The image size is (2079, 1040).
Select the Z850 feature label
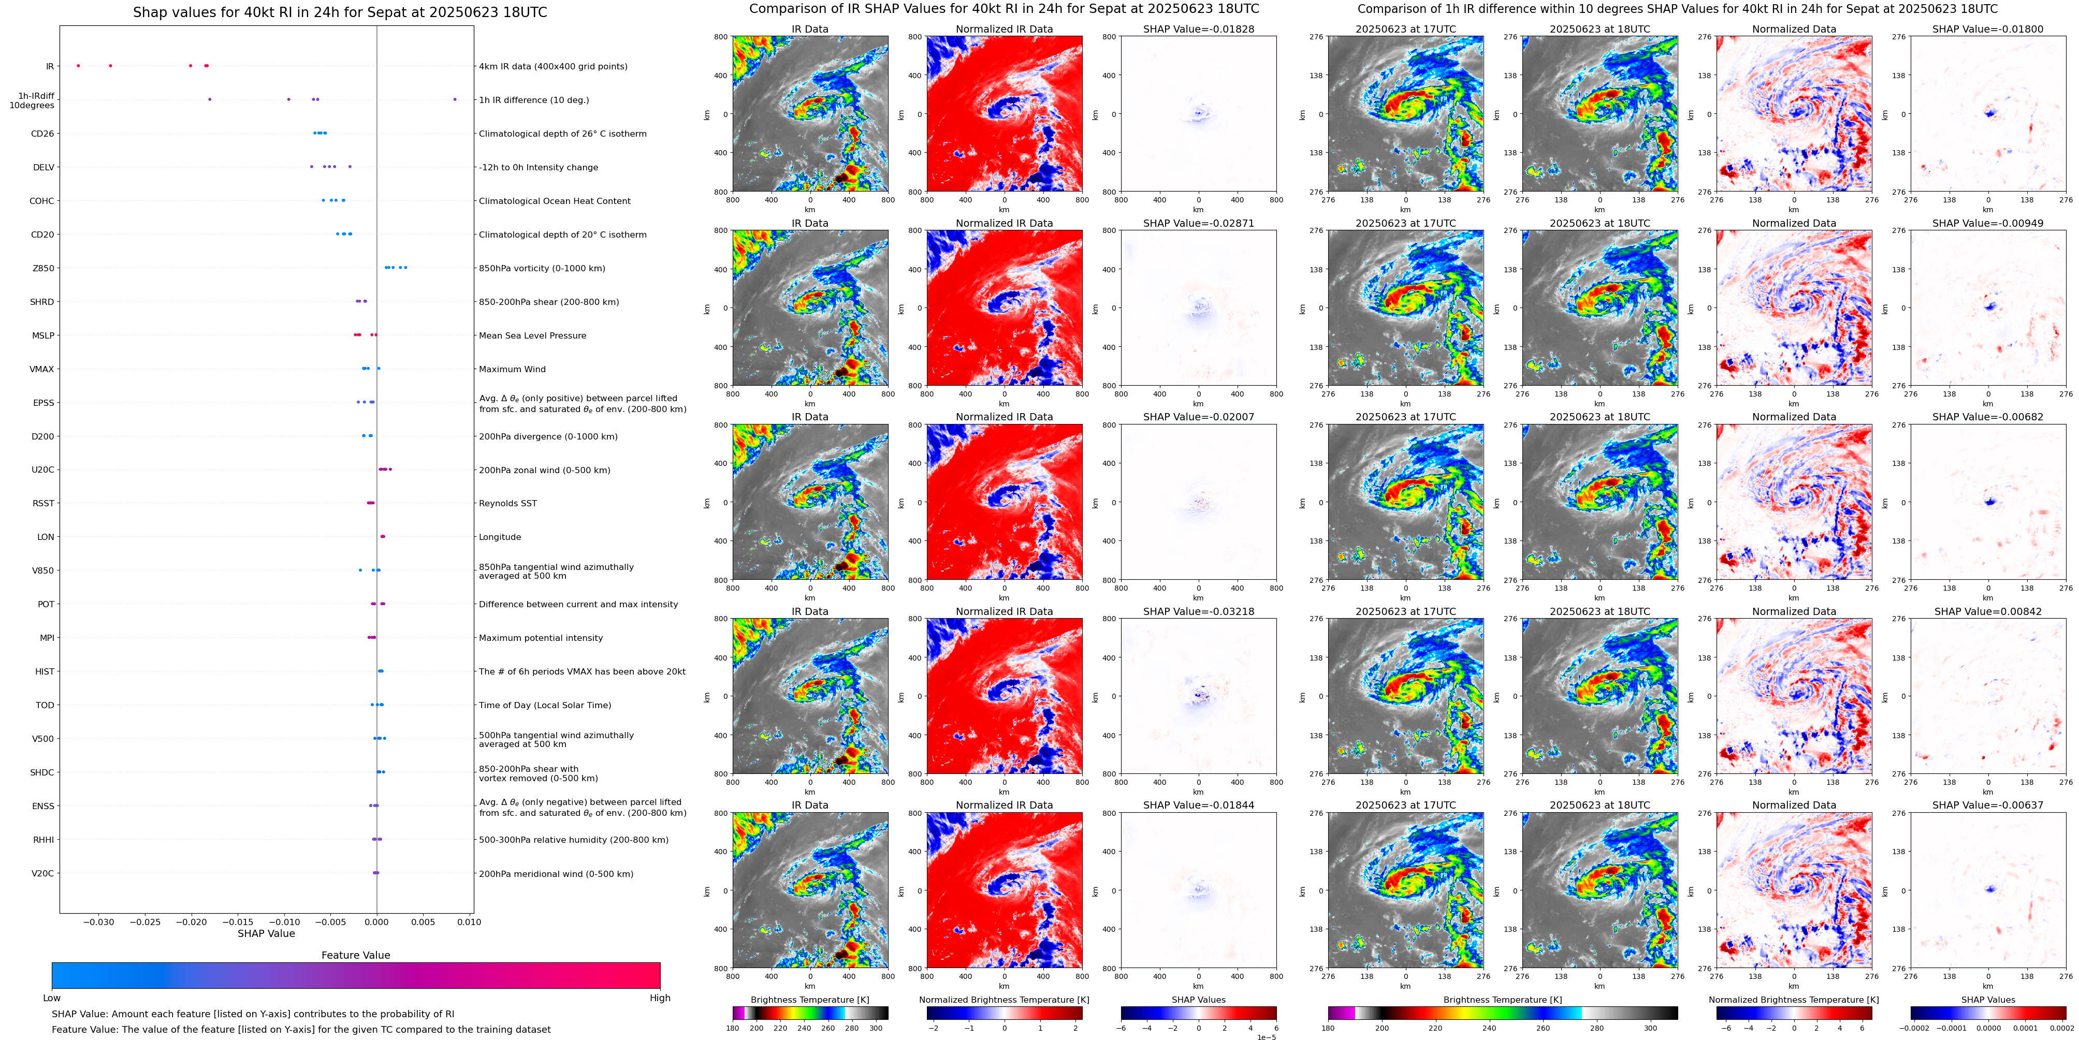pyautogui.click(x=43, y=269)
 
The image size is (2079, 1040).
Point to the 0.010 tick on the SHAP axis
pyautogui.click(x=469, y=921)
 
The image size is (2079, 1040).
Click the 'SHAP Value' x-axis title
pyautogui.click(x=266, y=933)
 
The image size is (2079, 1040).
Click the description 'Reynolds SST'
pyautogui.click(x=507, y=504)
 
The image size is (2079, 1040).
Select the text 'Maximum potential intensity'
pyautogui.click(x=541, y=638)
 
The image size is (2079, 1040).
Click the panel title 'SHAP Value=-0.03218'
pyautogui.click(x=1199, y=611)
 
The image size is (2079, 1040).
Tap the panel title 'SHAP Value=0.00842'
pyautogui.click(x=1988, y=611)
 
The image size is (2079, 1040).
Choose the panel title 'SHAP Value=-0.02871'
pyautogui.click(x=1199, y=224)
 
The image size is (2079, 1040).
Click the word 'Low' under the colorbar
pyautogui.click(x=52, y=998)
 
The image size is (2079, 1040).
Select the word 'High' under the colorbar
pyautogui.click(x=660, y=998)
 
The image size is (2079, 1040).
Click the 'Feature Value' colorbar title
pyautogui.click(x=356, y=955)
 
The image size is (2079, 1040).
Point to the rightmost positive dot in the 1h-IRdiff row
pyautogui.click(x=455, y=99)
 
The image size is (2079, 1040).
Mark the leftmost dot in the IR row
pyautogui.click(x=78, y=65)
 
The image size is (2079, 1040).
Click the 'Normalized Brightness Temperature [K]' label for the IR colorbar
pyautogui.click(x=1004, y=1000)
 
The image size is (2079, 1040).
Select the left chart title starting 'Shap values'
pyautogui.click(x=340, y=12)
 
